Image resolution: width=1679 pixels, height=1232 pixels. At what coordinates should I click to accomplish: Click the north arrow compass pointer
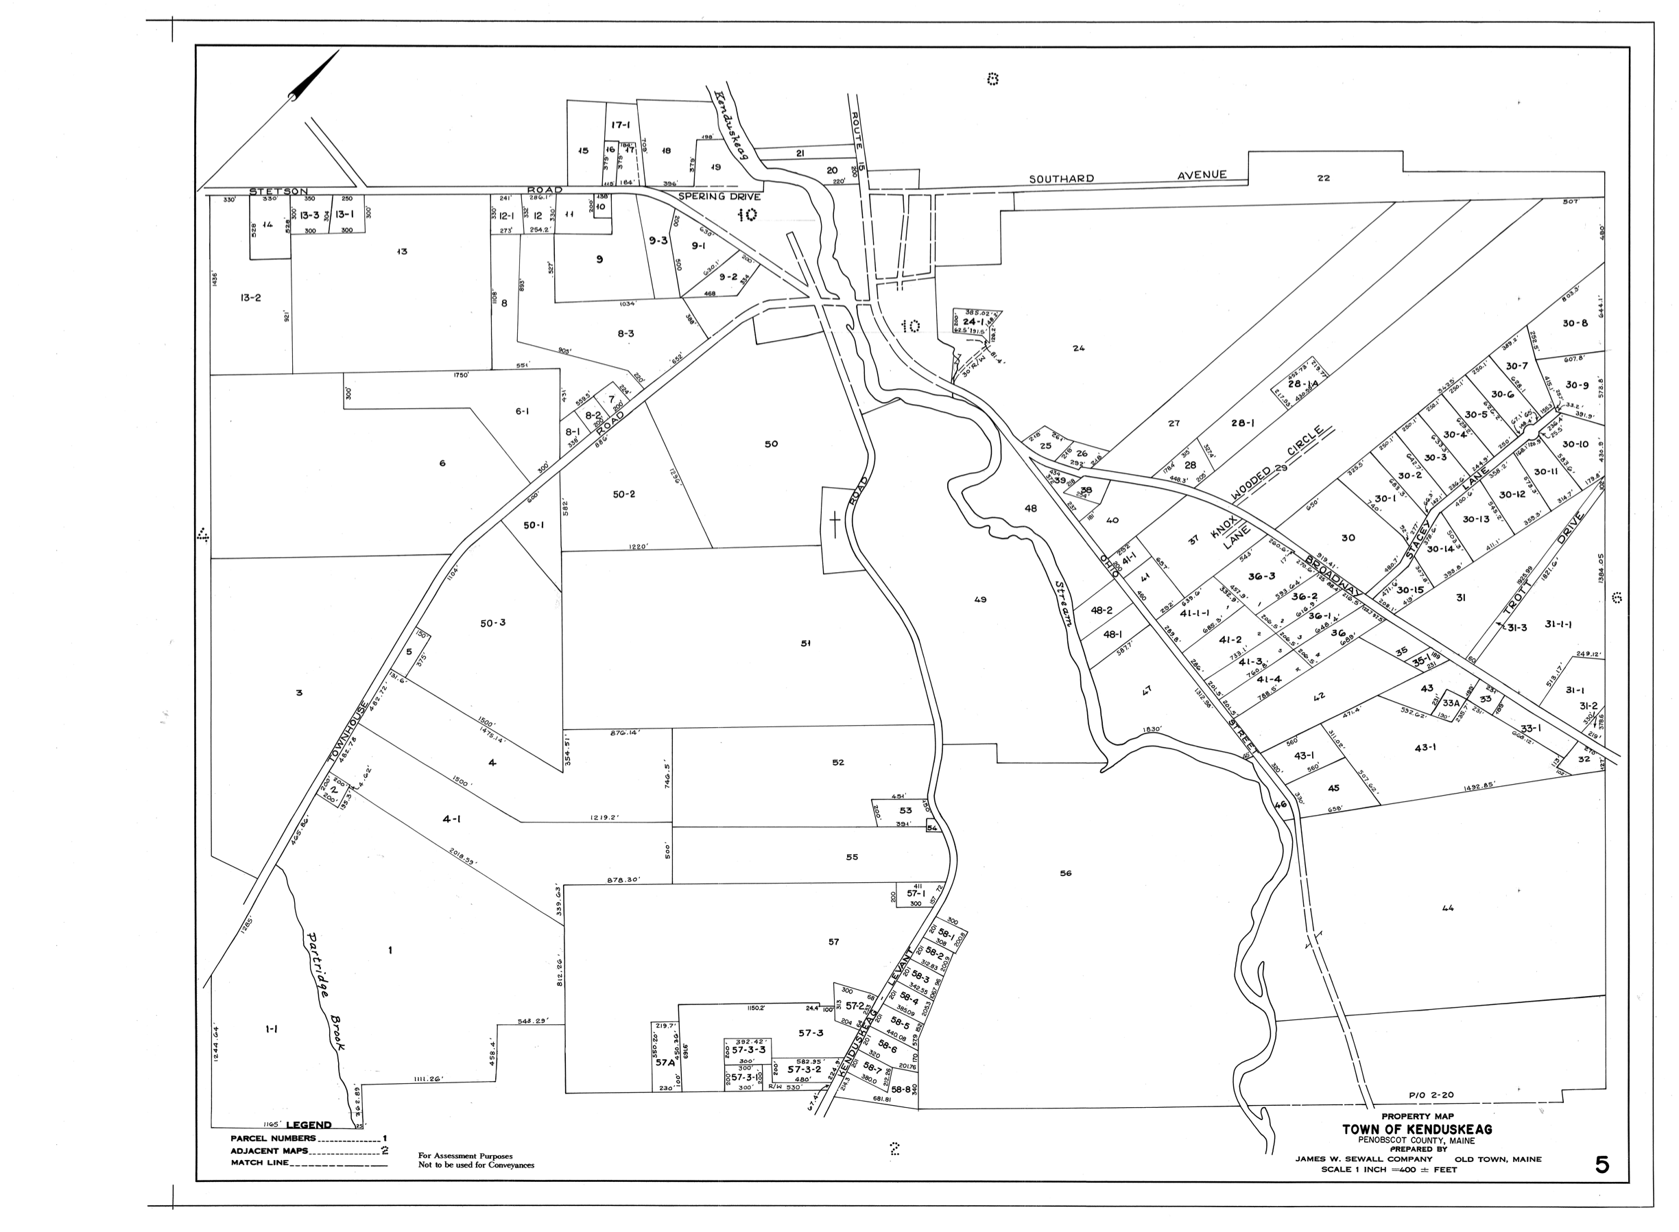pos(314,75)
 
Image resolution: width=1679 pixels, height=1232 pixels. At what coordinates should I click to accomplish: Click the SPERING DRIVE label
pos(719,197)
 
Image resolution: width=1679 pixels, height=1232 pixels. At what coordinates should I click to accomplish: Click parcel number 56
pos(1065,873)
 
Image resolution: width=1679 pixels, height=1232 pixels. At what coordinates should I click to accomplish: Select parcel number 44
pos(1448,908)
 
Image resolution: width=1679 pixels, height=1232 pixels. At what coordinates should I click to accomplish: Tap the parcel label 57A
pos(665,1064)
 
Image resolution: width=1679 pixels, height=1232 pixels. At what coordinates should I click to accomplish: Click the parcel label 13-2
pos(250,298)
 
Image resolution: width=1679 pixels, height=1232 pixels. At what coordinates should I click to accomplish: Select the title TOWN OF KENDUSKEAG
pos(1417,1130)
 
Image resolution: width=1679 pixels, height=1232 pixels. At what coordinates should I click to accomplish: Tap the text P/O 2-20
pos(1431,1095)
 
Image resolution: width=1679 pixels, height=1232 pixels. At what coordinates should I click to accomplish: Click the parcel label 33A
pos(1450,703)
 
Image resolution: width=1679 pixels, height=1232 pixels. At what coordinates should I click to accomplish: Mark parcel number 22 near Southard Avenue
pos(1323,178)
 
